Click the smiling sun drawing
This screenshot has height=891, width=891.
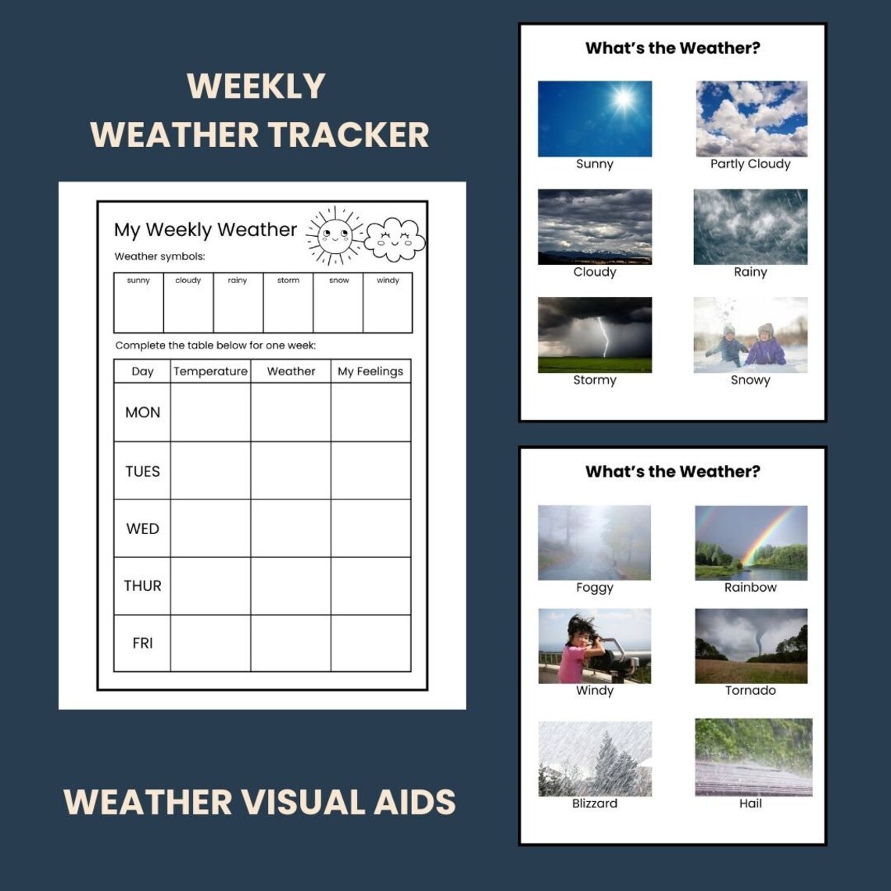[x=335, y=235]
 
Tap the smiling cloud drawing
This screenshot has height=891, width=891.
[x=395, y=240]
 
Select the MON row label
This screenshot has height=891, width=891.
[x=142, y=412]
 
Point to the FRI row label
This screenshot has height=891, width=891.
[x=142, y=643]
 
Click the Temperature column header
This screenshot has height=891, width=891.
[x=210, y=371]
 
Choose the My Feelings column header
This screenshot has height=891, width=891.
[x=370, y=371]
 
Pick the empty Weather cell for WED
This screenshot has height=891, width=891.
[x=291, y=528]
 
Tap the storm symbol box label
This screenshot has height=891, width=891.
[x=288, y=281]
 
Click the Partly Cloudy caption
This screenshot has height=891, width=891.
[x=750, y=164]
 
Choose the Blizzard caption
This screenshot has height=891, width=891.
[x=595, y=803]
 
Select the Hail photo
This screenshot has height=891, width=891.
[x=753, y=757]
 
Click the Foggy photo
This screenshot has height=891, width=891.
[x=595, y=542]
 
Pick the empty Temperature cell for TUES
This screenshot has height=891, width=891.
[x=210, y=471]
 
